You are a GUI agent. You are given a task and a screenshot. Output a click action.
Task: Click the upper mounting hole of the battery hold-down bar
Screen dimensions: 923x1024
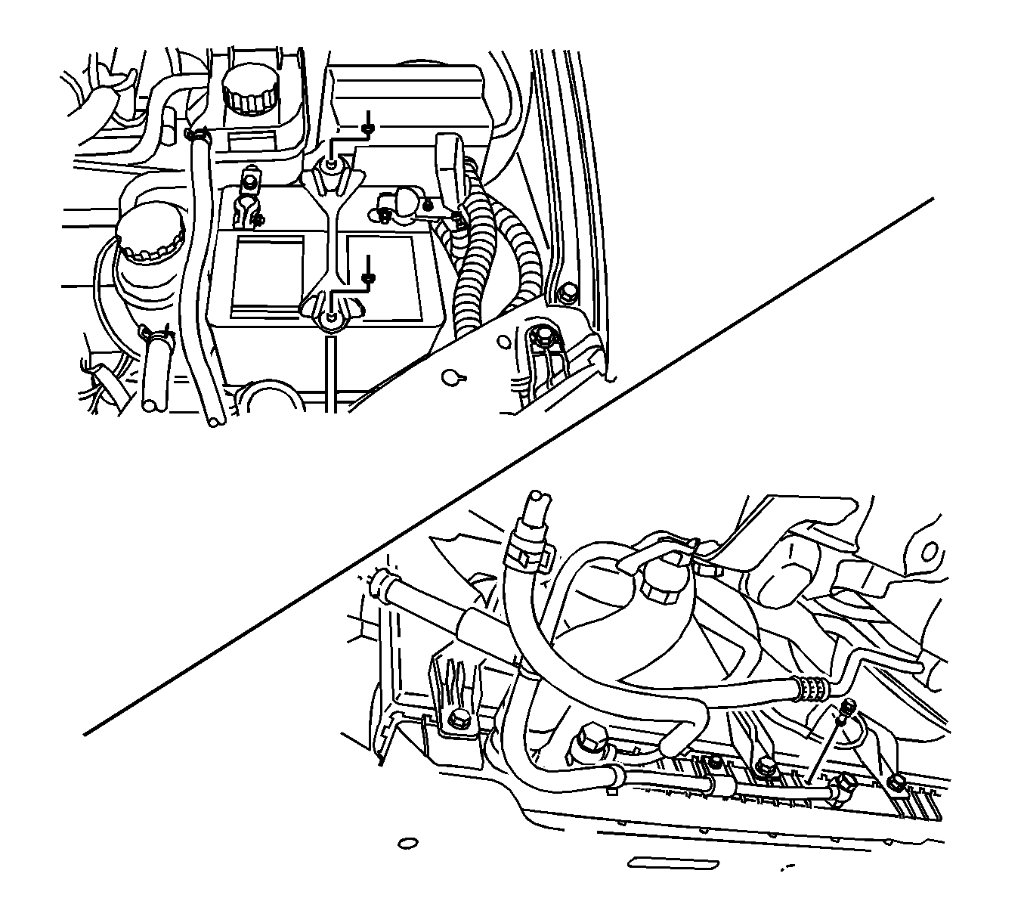coord(333,165)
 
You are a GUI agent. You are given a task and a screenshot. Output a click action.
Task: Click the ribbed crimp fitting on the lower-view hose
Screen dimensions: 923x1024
coord(810,689)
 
